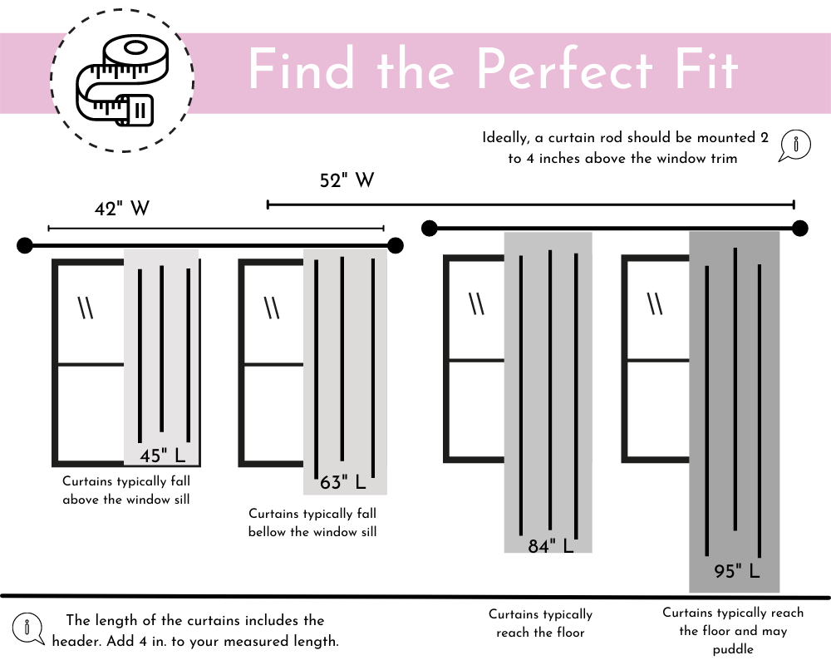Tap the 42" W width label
[x=121, y=209]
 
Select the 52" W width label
[x=347, y=180]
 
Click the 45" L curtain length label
[x=163, y=456]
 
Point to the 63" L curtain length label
[x=343, y=483]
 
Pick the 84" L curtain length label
[x=551, y=546]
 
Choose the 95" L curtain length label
[x=737, y=571]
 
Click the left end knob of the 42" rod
[x=25, y=245]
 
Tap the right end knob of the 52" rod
[x=799, y=228]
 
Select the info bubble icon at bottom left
[x=29, y=628]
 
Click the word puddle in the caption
[x=732, y=649]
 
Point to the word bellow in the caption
[x=268, y=532]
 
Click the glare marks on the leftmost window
[x=86, y=308]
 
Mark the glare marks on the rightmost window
[x=656, y=304]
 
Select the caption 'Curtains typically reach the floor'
[x=540, y=623]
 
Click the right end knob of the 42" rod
[x=396, y=245]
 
